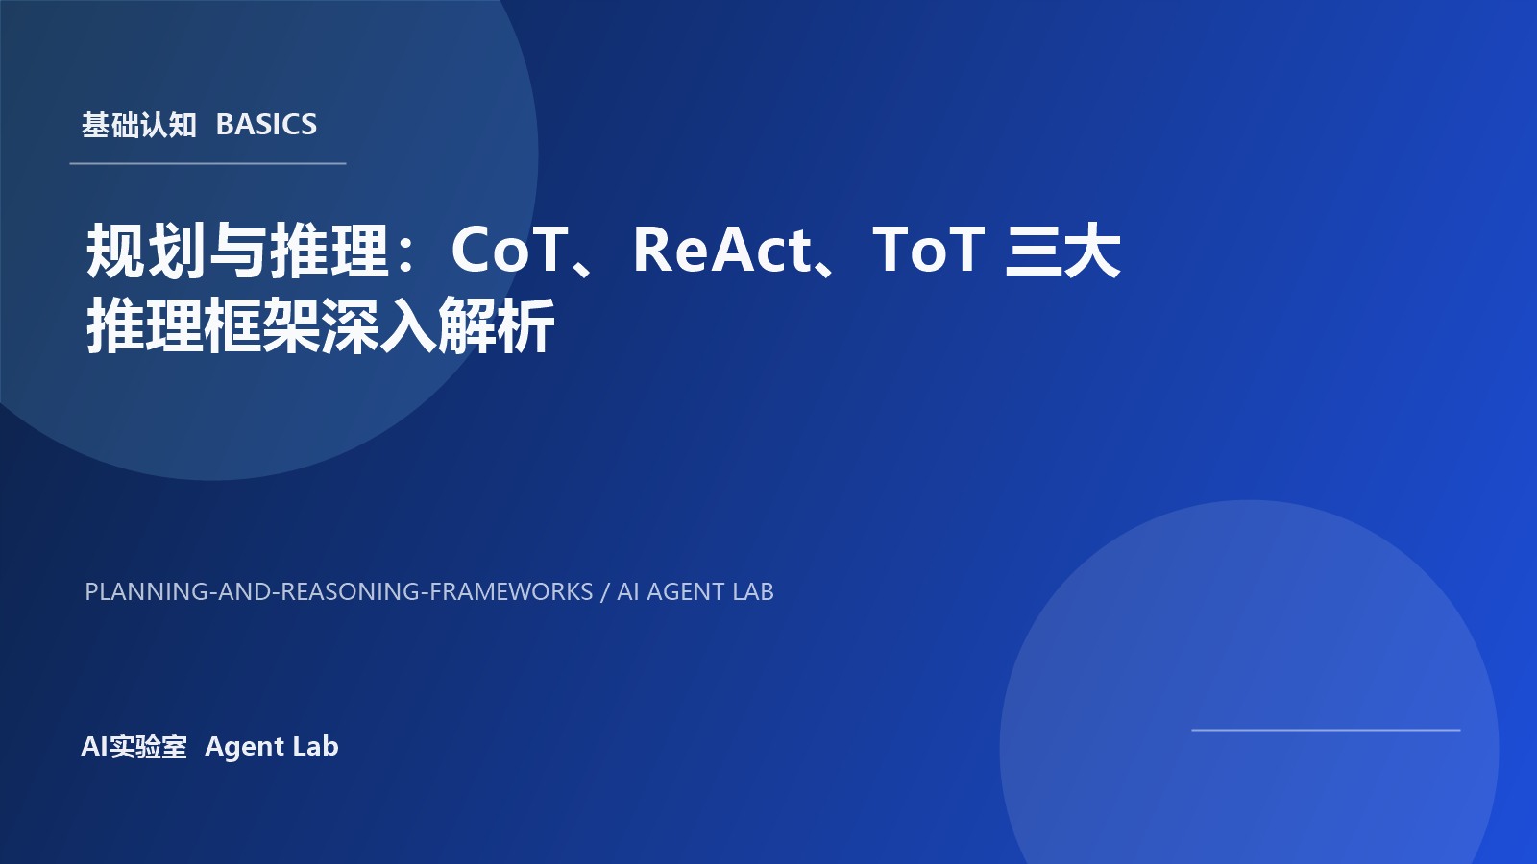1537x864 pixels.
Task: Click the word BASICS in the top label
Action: click(x=266, y=125)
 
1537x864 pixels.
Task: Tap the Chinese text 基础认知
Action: click(x=139, y=125)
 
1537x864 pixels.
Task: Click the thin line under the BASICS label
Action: click(x=207, y=164)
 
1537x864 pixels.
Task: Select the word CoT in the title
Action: click(x=509, y=251)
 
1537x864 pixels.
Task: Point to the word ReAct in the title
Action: click(x=722, y=251)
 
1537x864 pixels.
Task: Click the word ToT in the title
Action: click(x=928, y=251)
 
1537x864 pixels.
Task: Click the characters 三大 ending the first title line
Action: click(x=1062, y=252)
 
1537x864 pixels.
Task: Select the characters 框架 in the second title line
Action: click(x=261, y=326)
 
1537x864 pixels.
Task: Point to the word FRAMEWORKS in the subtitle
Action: click(x=511, y=592)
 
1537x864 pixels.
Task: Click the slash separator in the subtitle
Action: click(x=605, y=592)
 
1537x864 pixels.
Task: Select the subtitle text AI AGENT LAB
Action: click(x=695, y=592)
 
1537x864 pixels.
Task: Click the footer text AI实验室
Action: click(x=134, y=747)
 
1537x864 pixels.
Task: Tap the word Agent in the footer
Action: click(x=244, y=747)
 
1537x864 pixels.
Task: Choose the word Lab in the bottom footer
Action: click(x=316, y=747)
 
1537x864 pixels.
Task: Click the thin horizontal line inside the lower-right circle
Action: click(x=1326, y=730)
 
